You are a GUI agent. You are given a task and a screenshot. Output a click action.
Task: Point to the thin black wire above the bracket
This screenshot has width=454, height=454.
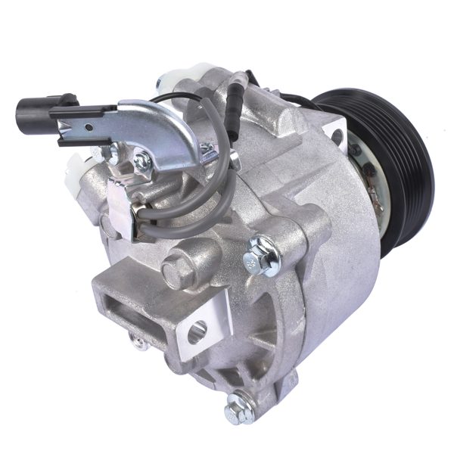(189, 97)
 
